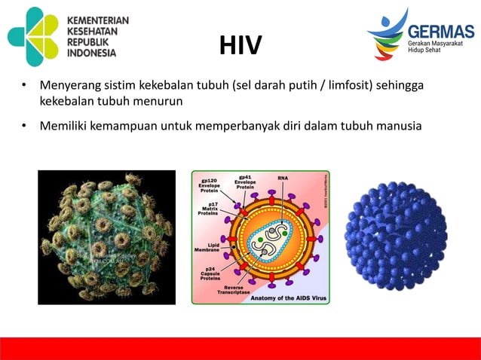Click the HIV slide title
[240, 47]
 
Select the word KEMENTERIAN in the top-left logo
[98, 20]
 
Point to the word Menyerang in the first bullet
[68, 87]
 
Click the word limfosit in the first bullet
[354, 87]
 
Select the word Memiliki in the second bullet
[63, 125]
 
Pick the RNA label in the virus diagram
[283, 178]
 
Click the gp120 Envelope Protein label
[209, 185]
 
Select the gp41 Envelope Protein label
[245, 181]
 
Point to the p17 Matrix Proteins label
[209, 209]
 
